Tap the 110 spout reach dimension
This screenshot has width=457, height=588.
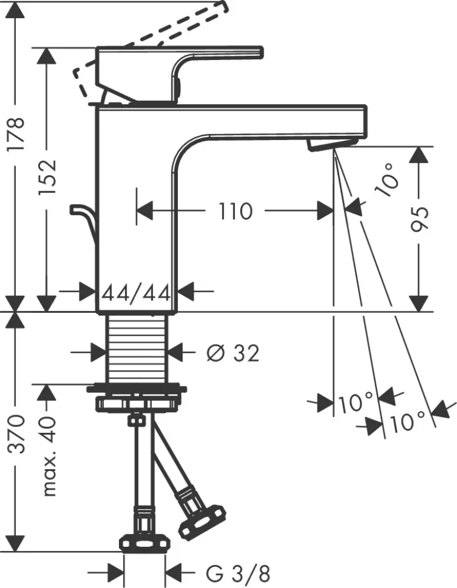click(236, 211)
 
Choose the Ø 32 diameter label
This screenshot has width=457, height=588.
click(233, 353)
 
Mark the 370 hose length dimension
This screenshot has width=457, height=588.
click(17, 435)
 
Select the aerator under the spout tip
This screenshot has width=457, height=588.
click(333, 143)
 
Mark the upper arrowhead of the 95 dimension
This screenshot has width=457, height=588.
click(419, 156)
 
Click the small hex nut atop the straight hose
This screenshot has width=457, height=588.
click(138, 420)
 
